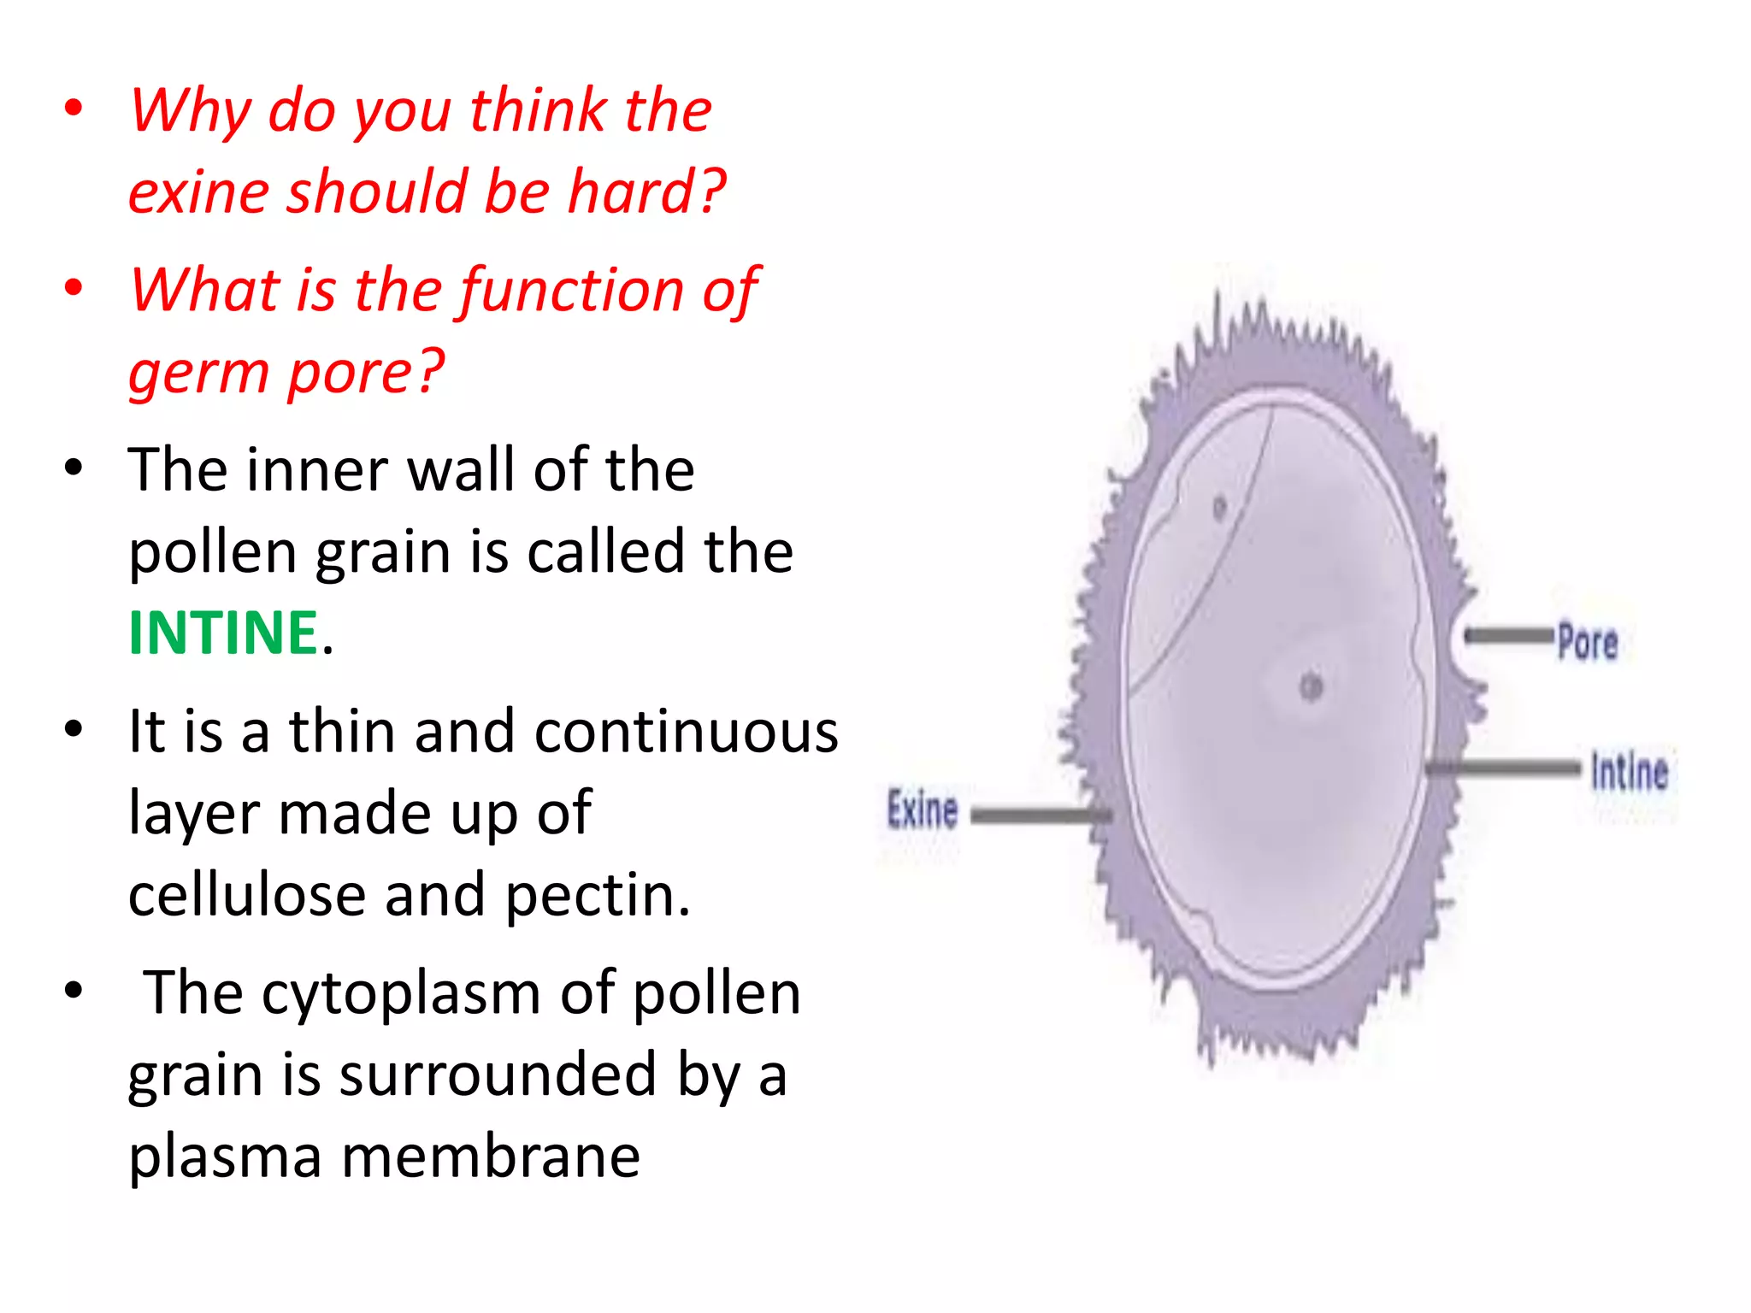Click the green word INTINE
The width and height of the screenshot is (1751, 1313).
click(223, 633)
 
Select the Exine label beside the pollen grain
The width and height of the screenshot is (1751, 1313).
click(922, 810)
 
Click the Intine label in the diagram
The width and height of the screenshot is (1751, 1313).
click(1629, 771)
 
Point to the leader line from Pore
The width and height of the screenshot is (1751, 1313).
click(1508, 636)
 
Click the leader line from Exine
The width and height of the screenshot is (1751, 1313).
click(1039, 816)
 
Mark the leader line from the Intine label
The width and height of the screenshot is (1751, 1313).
click(1505, 768)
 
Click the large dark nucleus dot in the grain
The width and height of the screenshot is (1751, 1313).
click(1311, 686)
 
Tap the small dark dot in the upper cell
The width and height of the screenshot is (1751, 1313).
click(1219, 508)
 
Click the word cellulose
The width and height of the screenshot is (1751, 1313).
click(247, 895)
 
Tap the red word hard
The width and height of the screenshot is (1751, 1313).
click(647, 191)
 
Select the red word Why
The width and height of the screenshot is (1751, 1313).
click(190, 110)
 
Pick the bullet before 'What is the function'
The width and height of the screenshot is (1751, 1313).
click(74, 287)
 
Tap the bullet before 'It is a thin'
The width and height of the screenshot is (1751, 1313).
click(74, 729)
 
